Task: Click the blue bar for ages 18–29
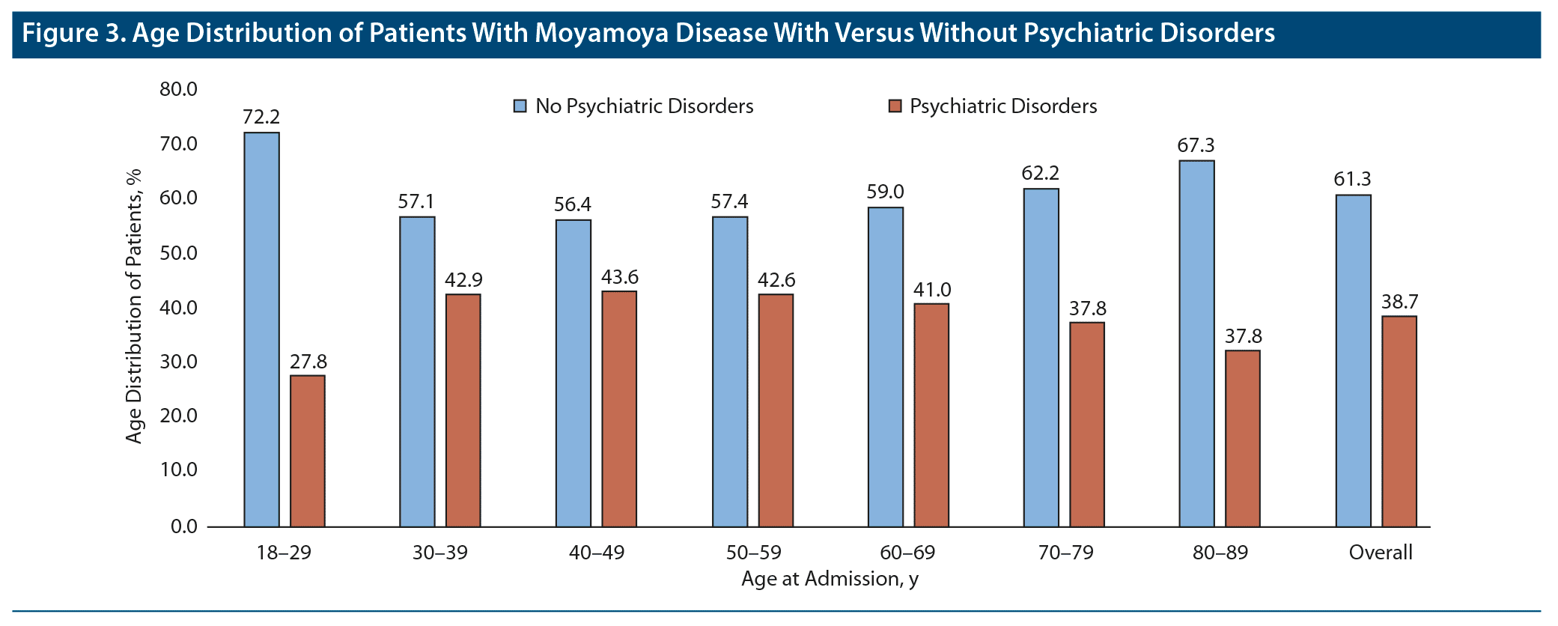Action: [261, 329]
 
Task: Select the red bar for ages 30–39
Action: [463, 410]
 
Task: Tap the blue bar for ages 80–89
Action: [1196, 344]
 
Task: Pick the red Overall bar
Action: [1399, 422]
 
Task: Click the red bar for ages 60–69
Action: [931, 415]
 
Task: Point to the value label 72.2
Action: [261, 117]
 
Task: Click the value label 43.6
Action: [619, 277]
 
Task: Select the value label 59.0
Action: [885, 192]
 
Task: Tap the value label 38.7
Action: [1399, 302]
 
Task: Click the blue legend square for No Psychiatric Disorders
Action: [520, 106]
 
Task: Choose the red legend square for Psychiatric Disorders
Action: [895, 106]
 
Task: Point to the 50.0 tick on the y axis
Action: [178, 253]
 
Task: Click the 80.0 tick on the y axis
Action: [178, 89]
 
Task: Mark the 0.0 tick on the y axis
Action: [183, 526]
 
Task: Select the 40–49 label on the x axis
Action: [596, 553]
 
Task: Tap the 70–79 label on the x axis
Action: [1065, 553]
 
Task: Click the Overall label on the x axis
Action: [1380, 553]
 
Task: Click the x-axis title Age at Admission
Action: [829, 579]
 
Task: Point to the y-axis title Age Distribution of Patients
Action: [133, 306]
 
